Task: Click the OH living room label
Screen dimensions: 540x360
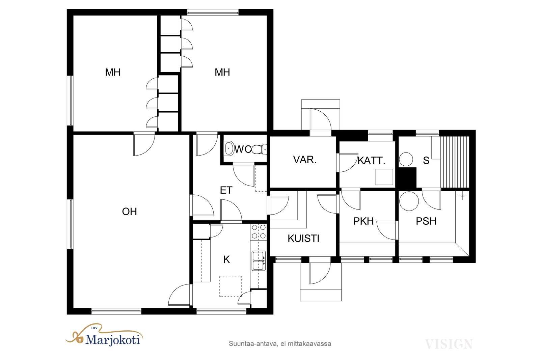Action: tap(130, 212)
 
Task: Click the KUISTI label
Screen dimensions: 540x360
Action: tap(303, 238)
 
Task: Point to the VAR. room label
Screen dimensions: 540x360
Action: tap(305, 160)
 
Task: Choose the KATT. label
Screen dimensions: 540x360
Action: tap(371, 161)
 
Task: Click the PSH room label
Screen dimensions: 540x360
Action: tap(426, 221)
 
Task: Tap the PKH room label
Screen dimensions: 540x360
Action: tap(363, 221)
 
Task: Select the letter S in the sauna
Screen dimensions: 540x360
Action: tap(426, 161)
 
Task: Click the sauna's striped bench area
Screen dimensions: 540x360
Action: tap(455, 162)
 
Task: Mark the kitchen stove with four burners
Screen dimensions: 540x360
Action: tap(259, 232)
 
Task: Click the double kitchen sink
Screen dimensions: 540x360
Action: tap(259, 261)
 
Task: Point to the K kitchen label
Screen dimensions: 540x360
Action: tap(226, 259)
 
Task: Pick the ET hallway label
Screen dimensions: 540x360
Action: tap(226, 190)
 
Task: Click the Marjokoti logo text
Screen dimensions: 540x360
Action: tap(113, 340)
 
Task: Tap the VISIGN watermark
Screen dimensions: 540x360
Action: tap(449, 344)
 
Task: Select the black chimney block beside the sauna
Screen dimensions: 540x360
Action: tap(407, 177)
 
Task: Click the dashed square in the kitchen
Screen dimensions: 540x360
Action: tap(231, 286)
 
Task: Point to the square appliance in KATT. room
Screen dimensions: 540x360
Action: tap(384, 177)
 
